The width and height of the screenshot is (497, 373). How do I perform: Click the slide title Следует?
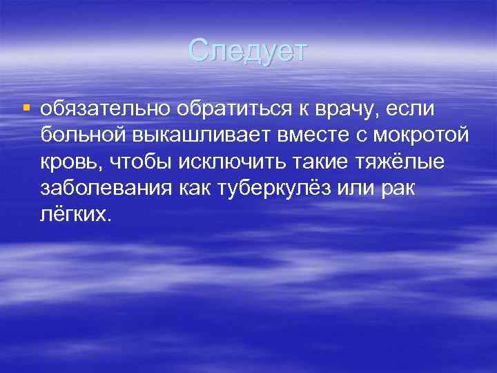[x=249, y=50]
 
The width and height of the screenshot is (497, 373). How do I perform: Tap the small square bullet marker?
[x=26, y=108]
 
